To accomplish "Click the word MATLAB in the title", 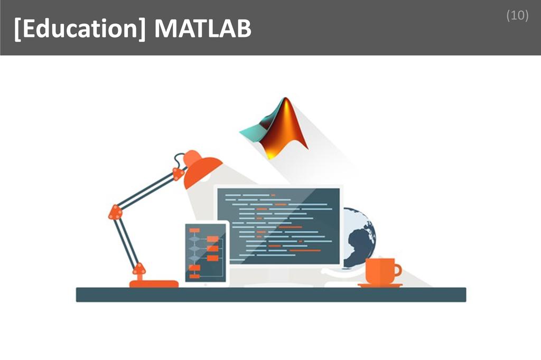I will [x=203, y=30].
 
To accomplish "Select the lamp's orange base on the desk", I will [x=154, y=283].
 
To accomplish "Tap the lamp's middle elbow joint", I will [x=115, y=212].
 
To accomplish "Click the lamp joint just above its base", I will [x=139, y=269].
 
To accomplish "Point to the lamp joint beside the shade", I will [x=179, y=173].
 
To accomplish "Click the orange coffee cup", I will [x=380, y=271].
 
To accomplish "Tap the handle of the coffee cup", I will [x=398, y=271].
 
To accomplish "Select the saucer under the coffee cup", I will [x=380, y=286].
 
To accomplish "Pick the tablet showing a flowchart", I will [x=207, y=253].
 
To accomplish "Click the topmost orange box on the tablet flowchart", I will [x=194, y=231].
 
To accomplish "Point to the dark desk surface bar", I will [x=270, y=295].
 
